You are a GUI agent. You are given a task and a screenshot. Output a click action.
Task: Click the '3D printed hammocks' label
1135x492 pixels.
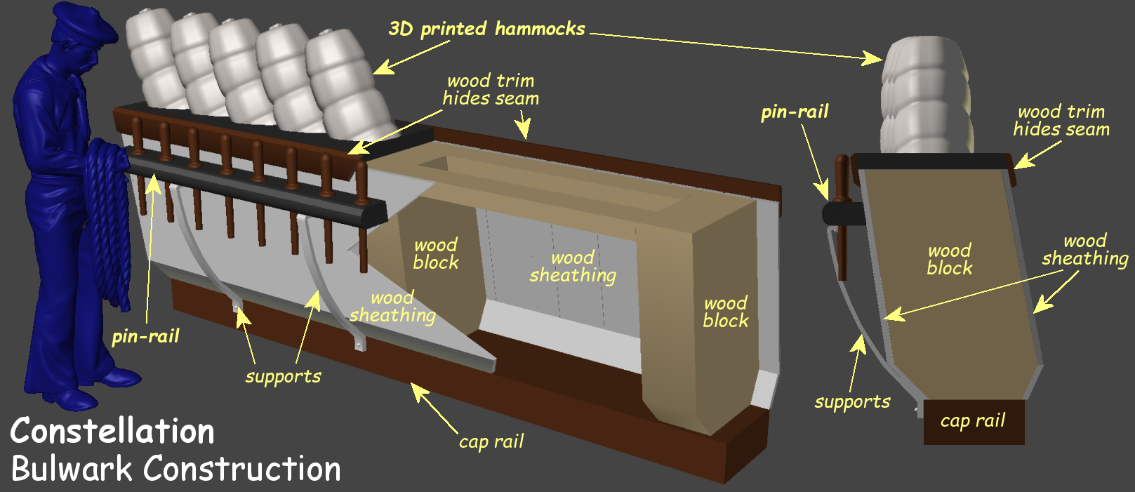pos(486,29)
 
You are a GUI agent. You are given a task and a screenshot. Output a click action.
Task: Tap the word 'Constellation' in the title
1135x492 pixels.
pos(112,431)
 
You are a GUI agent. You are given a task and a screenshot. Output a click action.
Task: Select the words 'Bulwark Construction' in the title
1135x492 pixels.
pos(175,469)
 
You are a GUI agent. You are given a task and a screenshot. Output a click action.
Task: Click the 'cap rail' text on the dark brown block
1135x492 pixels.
pos(973,421)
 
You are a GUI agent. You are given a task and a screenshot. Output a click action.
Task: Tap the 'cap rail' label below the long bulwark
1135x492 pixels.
pos(491,441)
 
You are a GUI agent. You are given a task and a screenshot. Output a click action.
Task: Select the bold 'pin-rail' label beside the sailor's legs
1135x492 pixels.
pos(145,336)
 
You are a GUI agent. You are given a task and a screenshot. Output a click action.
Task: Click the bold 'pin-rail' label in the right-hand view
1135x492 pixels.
pos(795,112)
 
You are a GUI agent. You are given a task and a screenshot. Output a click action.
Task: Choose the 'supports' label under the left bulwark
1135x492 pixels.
pos(283,376)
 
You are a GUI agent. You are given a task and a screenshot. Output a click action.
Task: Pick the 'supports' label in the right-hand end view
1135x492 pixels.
pos(852,402)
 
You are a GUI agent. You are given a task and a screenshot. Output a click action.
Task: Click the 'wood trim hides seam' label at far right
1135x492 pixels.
pos(1061,120)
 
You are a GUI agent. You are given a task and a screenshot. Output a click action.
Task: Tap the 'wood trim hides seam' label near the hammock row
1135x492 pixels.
pos(491,90)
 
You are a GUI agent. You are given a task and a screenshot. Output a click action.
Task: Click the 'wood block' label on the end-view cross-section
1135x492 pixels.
pos(949,259)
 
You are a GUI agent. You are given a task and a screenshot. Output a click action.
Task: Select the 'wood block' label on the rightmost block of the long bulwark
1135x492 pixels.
pos(726,312)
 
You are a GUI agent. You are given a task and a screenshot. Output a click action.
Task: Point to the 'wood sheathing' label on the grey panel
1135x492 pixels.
pos(573,267)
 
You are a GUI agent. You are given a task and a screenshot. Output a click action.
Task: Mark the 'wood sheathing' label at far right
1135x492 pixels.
pos(1084,250)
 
